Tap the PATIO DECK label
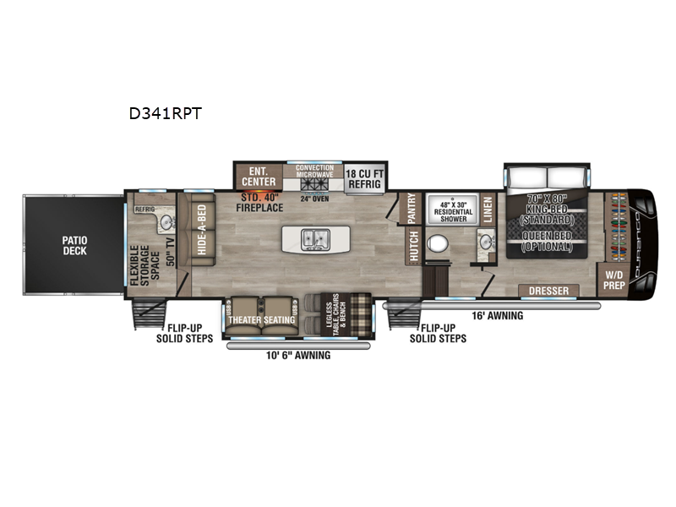point(74,245)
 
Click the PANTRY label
point(412,207)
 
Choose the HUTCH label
point(412,245)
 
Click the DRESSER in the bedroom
point(548,291)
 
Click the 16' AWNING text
point(498,316)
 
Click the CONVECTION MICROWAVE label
point(313,171)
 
